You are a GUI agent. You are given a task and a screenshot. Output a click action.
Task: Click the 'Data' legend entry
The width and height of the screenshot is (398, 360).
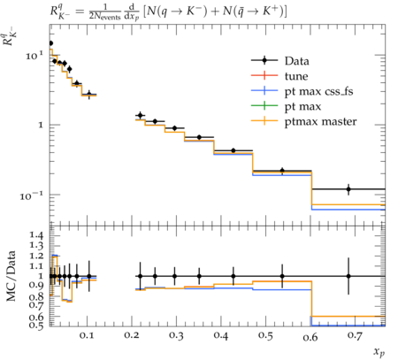pos(297,61)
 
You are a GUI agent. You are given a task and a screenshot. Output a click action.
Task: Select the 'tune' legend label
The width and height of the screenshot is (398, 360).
pos(296,76)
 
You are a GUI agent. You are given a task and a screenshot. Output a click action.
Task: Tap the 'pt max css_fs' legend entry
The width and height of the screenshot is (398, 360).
pos(318,91)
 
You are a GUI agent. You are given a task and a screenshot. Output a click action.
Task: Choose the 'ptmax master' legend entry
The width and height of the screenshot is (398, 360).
pos(320,121)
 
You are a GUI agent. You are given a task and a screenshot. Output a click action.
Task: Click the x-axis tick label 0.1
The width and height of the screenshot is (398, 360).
pos(87,335)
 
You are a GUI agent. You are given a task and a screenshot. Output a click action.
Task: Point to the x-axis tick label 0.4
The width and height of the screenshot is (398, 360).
pos(221,335)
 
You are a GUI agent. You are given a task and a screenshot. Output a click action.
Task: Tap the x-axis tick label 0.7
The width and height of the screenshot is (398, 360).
pos(355,335)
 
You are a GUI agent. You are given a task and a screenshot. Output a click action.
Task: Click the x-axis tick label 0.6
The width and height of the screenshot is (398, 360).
pos(310,336)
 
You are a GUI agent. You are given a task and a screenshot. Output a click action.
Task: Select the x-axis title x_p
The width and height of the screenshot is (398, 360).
pos(379,352)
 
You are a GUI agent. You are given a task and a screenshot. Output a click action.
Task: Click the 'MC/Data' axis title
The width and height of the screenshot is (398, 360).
pos(11,276)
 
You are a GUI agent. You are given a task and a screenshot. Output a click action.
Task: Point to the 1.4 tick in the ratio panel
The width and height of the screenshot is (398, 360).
pos(36,235)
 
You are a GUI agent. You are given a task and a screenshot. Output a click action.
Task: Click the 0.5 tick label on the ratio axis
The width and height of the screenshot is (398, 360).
pos(36,325)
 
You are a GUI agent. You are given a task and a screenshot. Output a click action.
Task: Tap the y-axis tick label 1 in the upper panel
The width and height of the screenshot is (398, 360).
pos(41,125)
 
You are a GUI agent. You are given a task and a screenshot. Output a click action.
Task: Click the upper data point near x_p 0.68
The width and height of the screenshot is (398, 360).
pos(348,189)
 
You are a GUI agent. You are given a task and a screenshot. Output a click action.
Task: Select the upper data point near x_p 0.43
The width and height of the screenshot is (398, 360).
pos(233,150)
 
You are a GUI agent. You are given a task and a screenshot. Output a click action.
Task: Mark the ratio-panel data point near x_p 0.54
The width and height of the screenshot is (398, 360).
pos(282,276)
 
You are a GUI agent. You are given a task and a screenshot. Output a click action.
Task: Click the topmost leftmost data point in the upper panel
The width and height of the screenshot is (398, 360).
pos(50,43)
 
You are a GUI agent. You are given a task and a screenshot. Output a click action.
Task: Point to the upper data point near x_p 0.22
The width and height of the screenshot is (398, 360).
pos(141,115)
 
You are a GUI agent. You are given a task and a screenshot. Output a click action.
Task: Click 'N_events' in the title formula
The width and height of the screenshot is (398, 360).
pos(105,17)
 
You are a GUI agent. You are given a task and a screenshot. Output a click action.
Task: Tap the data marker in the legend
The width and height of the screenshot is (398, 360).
pos(264,61)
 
